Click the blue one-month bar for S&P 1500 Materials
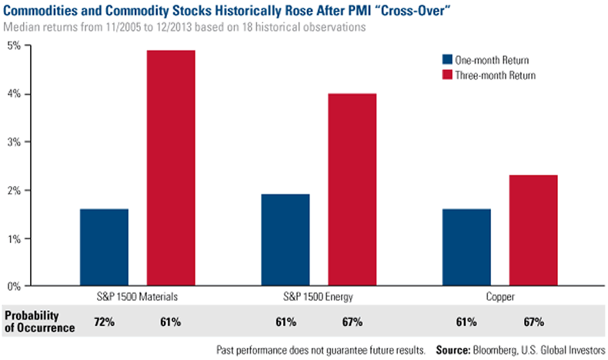(x=105, y=247)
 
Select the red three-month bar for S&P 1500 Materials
(x=171, y=168)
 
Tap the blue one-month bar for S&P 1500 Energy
(x=286, y=240)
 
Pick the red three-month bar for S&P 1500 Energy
(x=352, y=189)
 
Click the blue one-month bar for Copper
(x=467, y=247)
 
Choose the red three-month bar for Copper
(x=533, y=230)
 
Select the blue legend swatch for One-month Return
(x=446, y=59)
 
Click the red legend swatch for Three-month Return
(x=446, y=75)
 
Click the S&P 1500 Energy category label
(x=319, y=296)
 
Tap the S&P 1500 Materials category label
(x=137, y=296)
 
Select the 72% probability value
(x=105, y=321)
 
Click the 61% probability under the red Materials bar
(x=171, y=321)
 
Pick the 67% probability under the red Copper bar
(x=533, y=321)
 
